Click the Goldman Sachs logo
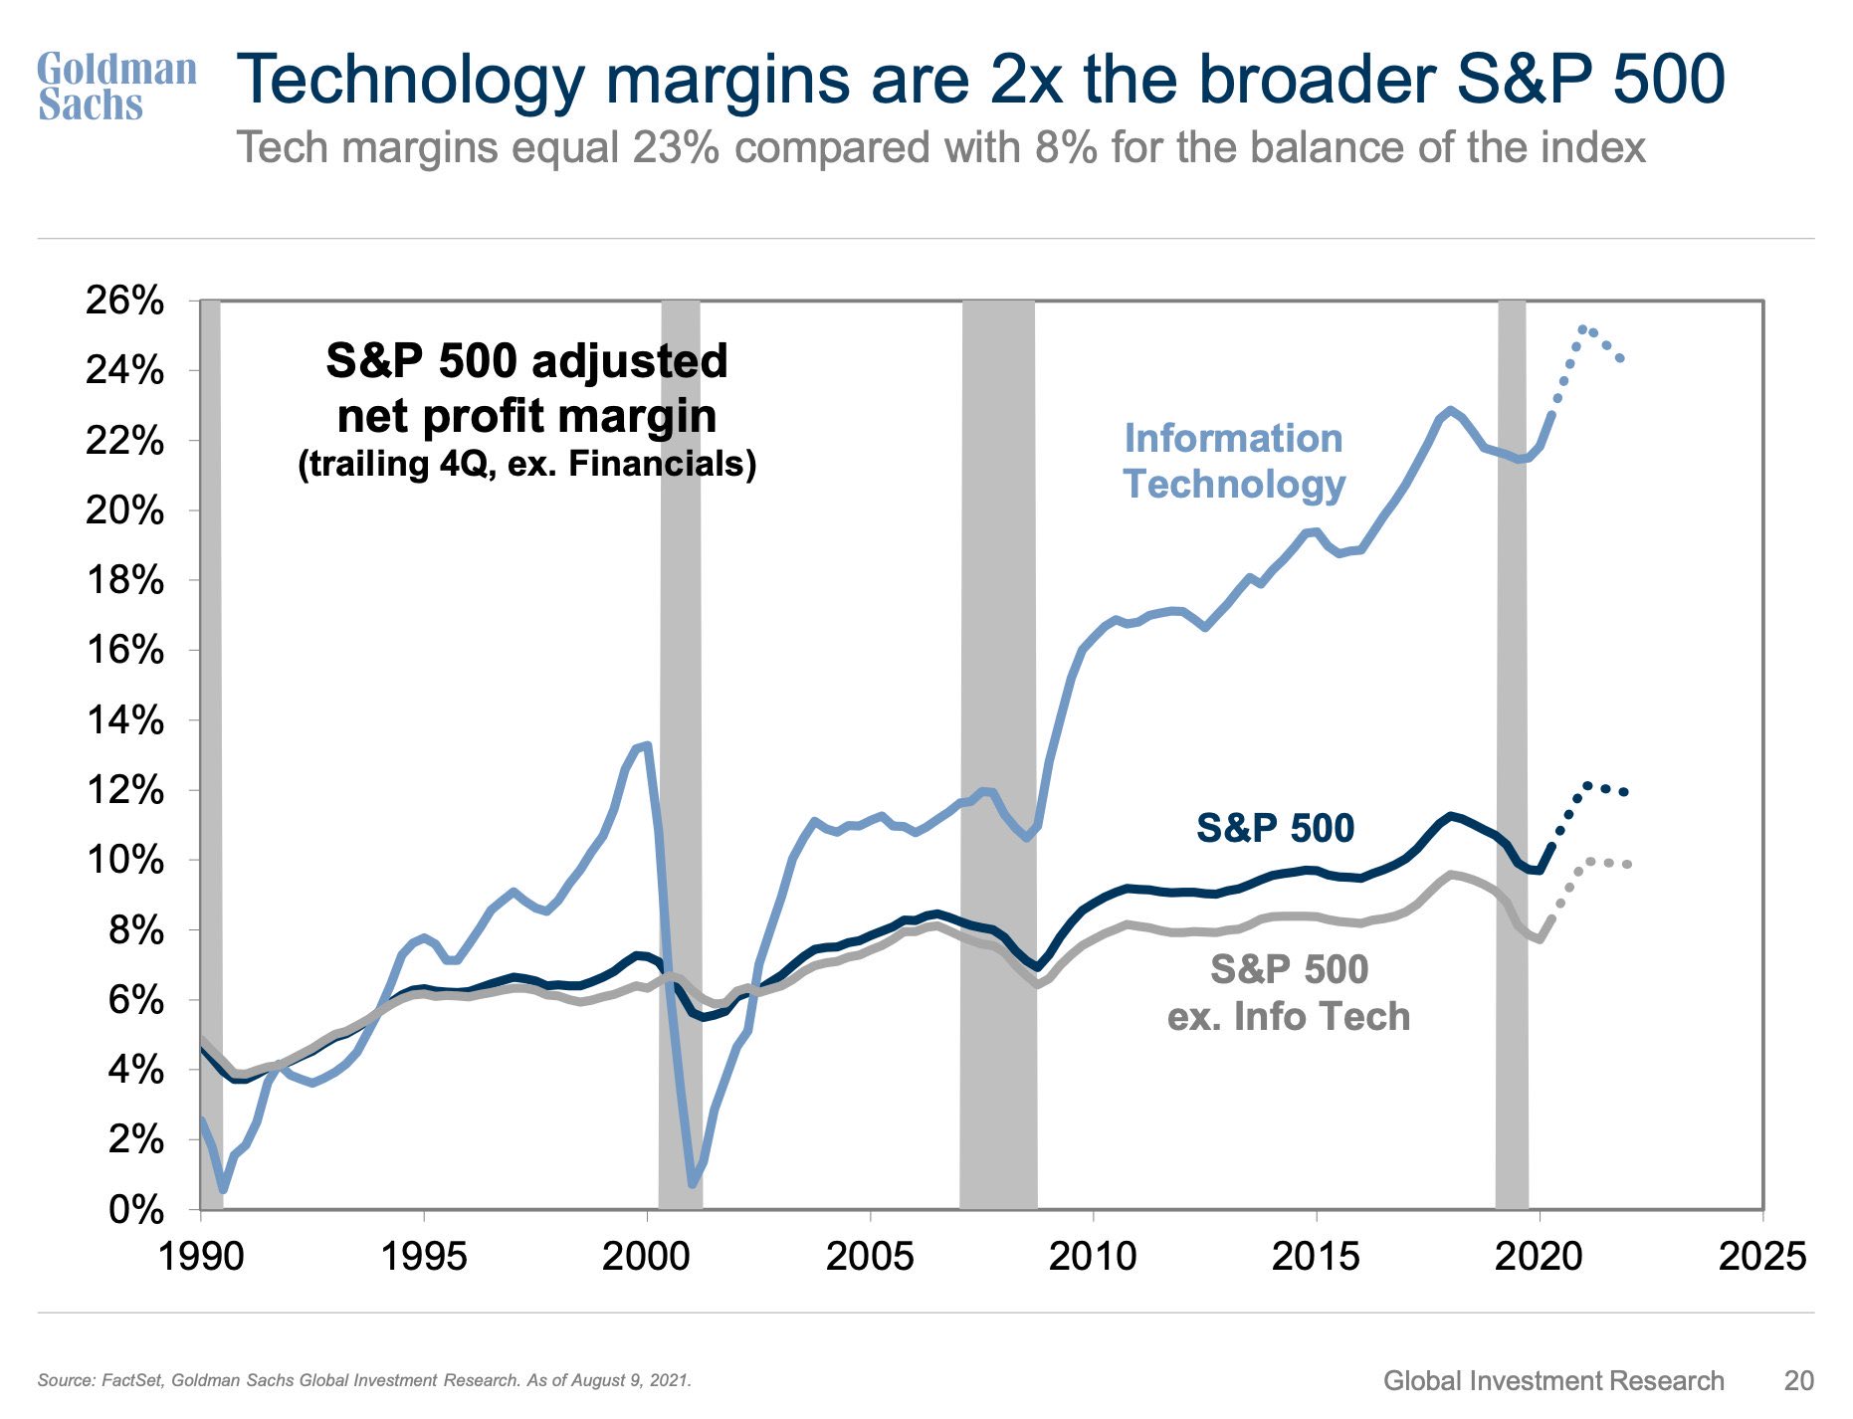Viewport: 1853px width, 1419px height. pyautogui.click(x=115, y=87)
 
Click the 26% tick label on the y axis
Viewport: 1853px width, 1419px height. pyautogui.click(x=124, y=300)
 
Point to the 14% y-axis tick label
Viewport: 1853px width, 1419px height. pyautogui.click(x=124, y=720)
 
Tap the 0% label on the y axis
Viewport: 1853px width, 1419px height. pyautogui.click(x=135, y=1210)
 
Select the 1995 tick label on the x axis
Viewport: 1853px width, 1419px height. pyautogui.click(x=424, y=1257)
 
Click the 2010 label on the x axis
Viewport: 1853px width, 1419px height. pyautogui.click(x=1093, y=1257)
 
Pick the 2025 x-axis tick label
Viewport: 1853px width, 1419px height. pyautogui.click(x=1762, y=1257)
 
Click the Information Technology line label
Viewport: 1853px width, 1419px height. pyautogui.click(x=1234, y=461)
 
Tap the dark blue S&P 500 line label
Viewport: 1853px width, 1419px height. pyautogui.click(x=1275, y=828)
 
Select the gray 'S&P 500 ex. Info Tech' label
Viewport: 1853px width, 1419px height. pyautogui.click(x=1289, y=993)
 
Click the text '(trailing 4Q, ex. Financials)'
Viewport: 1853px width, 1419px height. pyautogui.click(x=526, y=464)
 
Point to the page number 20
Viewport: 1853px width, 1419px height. pyautogui.click(x=1798, y=1380)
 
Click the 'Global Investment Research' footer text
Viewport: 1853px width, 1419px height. pyautogui.click(x=1552, y=1380)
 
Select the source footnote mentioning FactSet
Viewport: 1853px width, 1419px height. pyautogui.click(x=364, y=1380)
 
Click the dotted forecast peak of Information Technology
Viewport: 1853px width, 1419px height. pyautogui.click(x=1583, y=328)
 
